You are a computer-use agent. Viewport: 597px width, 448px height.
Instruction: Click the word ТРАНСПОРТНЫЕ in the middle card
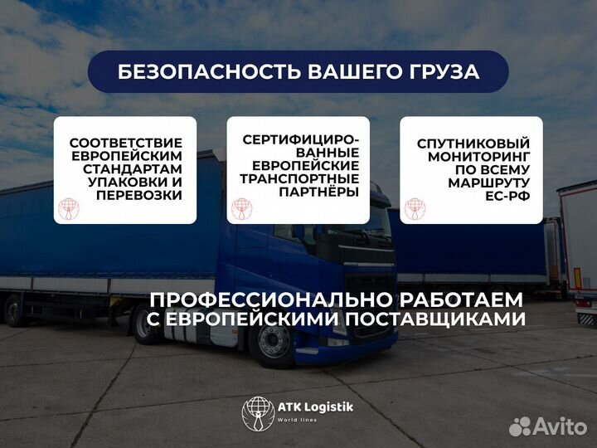[x=299, y=178]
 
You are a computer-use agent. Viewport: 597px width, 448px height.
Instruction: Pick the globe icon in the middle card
[x=241, y=208]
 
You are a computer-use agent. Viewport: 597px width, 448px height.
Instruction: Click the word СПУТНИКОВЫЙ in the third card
[x=471, y=144]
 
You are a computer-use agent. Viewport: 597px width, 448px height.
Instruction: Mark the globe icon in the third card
[x=415, y=208]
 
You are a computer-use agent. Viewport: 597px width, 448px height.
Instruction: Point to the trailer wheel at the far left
[x=14, y=310]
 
